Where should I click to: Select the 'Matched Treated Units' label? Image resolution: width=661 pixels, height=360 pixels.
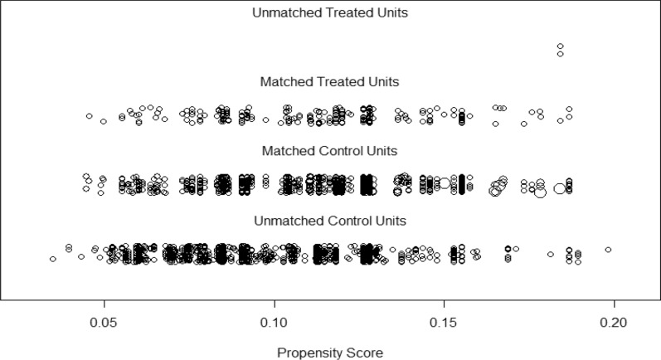(x=330, y=81)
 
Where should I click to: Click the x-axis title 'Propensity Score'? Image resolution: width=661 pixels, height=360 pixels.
(x=330, y=351)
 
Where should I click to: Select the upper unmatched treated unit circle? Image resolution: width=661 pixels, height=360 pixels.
(x=561, y=46)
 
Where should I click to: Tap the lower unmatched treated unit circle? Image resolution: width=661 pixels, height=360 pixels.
(x=561, y=54)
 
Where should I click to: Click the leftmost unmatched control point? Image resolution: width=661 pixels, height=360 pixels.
(x=53, y=259)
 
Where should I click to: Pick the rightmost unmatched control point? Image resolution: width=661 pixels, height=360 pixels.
(x=608, y=249)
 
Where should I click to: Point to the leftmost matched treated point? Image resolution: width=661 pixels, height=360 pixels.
(x=89, y=116)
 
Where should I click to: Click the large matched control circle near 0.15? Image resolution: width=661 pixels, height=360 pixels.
(x=445, y=182)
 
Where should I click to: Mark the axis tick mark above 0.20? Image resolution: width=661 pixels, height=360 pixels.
(x=614, y=304)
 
